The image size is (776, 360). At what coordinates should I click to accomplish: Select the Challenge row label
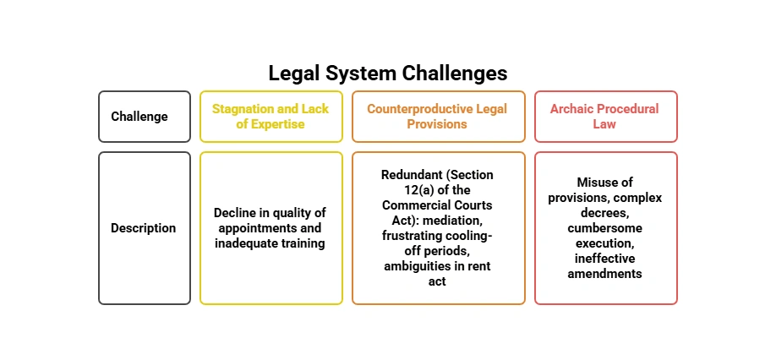pos(139,117)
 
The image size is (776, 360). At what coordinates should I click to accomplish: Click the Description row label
pos(144,228)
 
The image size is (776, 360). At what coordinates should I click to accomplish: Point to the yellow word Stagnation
pos(243,109)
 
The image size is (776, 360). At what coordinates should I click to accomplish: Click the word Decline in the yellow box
pos(235,213)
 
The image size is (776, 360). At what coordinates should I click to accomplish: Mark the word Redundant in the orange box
pos(412,175)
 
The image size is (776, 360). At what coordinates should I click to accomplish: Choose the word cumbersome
pos(605,228)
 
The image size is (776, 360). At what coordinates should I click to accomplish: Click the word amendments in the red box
pos(605,274)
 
